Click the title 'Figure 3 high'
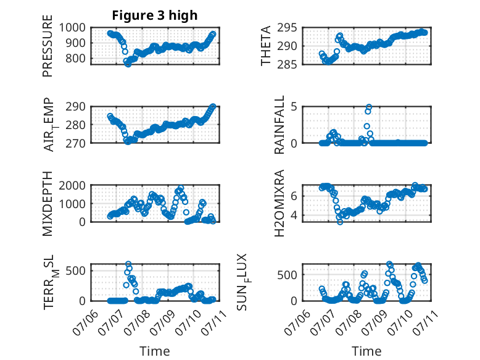(155, 15)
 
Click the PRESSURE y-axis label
(48, 46)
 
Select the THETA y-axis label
(266, 46)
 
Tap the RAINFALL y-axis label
(279, 125)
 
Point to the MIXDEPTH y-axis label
(48, 204)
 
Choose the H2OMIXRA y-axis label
(279, 203)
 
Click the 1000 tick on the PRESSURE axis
(72, 28)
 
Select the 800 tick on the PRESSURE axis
(76, 58)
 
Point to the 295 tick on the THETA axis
(287, 28)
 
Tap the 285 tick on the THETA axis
(287, 64)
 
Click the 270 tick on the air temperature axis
(76, 143)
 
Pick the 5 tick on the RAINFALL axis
(294, 107)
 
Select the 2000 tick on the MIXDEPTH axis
(72, 185)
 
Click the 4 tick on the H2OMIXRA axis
(294, 215)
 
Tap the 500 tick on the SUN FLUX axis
(287, 275)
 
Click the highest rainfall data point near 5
(369, 107)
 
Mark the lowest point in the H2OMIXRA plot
(340, 222)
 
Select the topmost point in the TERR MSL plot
(128, 264)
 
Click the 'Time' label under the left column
(155, 351)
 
